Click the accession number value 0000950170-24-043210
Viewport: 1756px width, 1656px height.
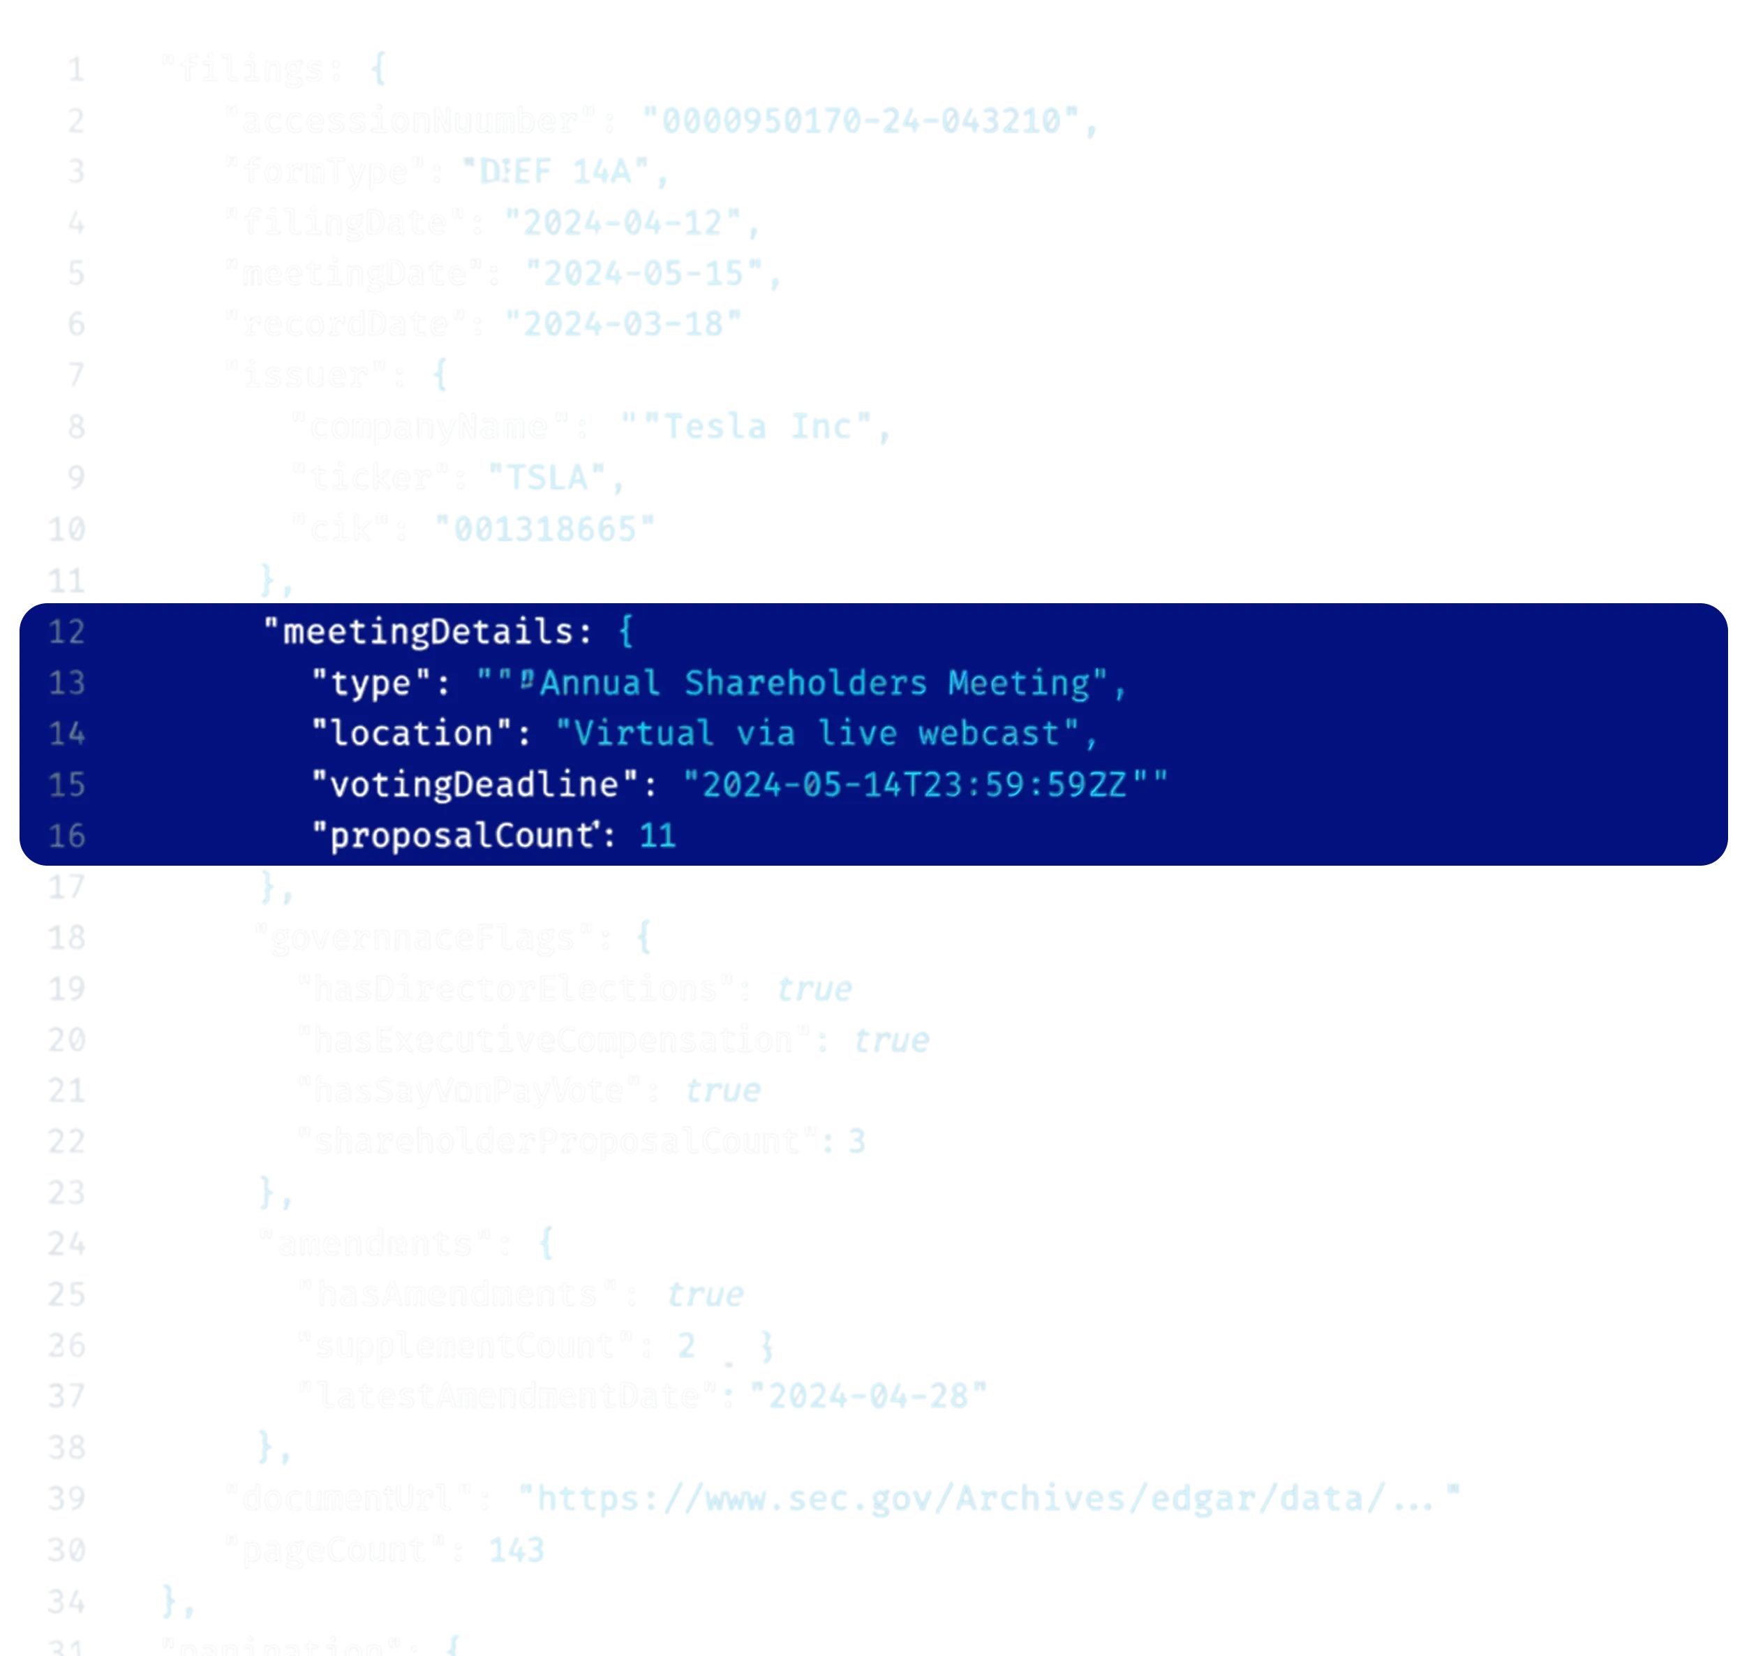pos(861,119)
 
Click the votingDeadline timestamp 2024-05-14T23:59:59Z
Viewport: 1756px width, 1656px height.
pos(914,785)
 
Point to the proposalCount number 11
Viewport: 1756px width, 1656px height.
pos(657,835)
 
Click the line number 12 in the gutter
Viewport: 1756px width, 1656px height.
pos(66,631)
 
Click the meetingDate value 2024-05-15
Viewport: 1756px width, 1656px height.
pos(644,273)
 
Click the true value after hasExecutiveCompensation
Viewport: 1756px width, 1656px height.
pos(892,1040)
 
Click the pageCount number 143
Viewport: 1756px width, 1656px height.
pos(516,1549)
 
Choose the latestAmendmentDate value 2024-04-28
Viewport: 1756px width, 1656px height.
pos(868,1396)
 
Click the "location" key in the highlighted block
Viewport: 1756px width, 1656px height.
pos(412,734)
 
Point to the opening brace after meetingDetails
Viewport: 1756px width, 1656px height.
pos(626,631)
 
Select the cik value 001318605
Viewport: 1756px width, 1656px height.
pos(546,528)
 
